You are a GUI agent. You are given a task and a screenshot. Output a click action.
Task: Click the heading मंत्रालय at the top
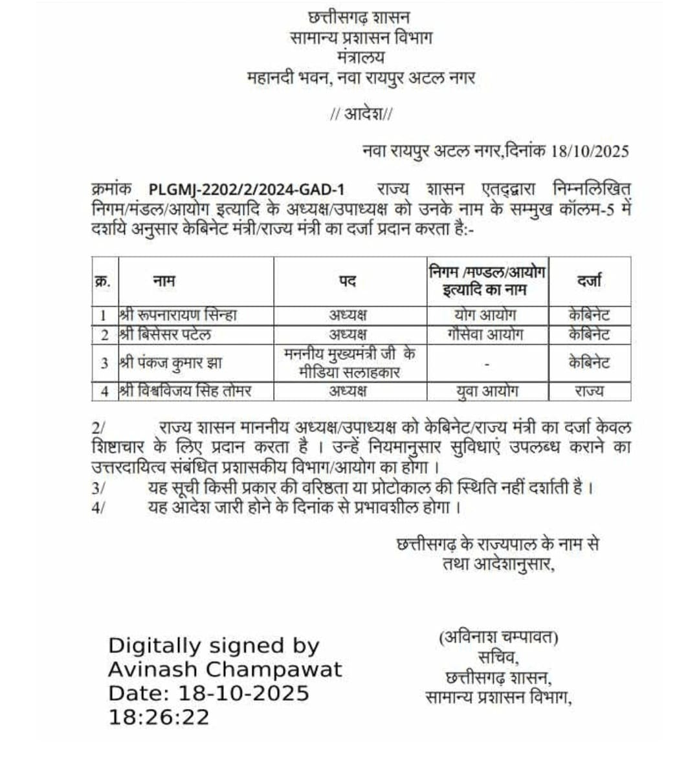361,58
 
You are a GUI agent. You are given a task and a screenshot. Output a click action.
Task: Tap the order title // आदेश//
361,115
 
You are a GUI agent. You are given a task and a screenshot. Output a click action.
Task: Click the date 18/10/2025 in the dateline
590,151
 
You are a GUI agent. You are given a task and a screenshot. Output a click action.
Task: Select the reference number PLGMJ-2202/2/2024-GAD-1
247,190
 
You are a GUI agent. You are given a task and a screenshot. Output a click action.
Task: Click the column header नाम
164,281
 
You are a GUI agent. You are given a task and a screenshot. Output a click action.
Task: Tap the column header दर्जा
589,281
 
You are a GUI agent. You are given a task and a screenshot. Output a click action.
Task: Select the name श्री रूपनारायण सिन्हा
178,315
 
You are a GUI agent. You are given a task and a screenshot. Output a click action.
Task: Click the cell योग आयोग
485,315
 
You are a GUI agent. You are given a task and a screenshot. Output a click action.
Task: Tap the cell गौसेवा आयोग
485,334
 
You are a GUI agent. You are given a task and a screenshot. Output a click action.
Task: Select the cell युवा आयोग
486,391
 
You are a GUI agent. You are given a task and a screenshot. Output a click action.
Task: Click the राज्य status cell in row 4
589,391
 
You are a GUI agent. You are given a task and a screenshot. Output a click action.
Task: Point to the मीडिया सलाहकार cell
349,371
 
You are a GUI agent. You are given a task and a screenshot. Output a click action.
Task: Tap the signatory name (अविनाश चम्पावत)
498,638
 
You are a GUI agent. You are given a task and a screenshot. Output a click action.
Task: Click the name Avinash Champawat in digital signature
225,669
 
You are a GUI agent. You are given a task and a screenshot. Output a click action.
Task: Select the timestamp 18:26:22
159,717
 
